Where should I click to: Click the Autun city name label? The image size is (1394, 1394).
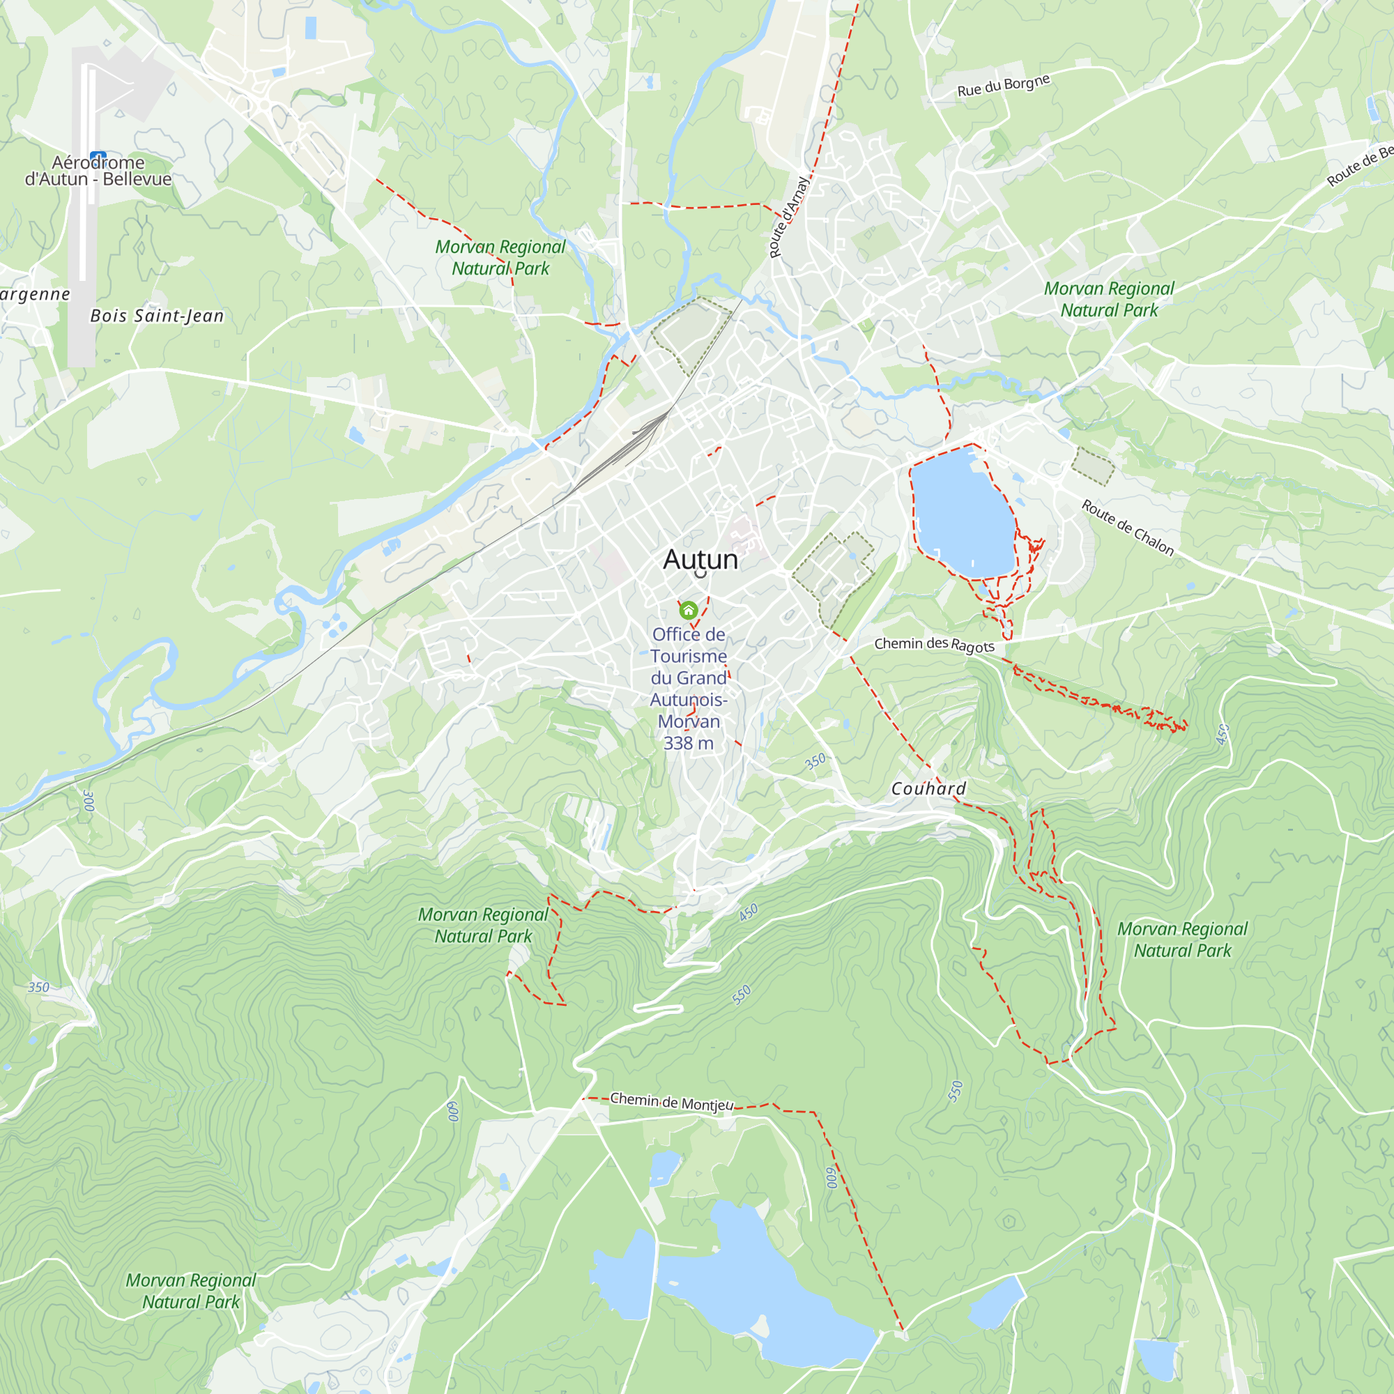700,560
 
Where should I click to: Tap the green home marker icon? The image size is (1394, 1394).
689,611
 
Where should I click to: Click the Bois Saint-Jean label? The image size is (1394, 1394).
157,316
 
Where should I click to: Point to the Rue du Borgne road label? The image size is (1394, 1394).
1003,85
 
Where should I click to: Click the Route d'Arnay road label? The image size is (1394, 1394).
788,217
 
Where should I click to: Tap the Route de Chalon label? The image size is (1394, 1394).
1127,528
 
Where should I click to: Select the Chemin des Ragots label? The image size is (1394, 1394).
934,644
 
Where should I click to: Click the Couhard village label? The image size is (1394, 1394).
928,788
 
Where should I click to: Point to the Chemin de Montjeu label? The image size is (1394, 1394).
671,1102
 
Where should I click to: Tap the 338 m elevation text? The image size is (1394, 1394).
689,743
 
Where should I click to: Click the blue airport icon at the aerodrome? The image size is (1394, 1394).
99,155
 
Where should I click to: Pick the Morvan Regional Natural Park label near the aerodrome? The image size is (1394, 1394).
500,258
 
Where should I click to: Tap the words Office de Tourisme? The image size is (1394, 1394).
689,645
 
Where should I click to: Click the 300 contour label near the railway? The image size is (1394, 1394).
88,800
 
